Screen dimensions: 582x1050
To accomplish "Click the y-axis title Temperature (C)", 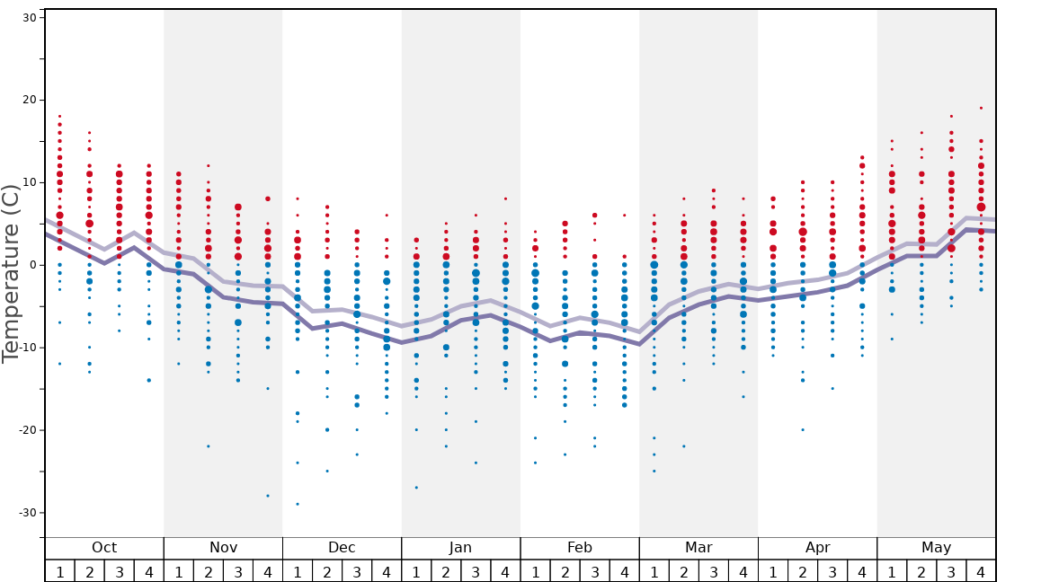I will tap(11, 274).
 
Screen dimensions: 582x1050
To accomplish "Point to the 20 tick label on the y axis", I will tap(29, 100).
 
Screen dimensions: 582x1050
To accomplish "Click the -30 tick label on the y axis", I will tap(27, 513).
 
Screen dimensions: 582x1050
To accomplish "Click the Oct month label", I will tap(104, 548).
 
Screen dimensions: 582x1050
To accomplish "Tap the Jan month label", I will tap(460, 548).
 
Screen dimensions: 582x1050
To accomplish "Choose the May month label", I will tap(936, 548).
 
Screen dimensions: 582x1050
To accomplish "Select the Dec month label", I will tap(342, 548).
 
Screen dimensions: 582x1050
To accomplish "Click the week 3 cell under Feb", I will tap(594, 571).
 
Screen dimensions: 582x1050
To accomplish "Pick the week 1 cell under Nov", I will tap(179, 571).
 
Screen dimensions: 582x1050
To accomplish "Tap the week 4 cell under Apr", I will tap(862, 571).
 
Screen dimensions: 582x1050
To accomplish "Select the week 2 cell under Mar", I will tap(684, 571).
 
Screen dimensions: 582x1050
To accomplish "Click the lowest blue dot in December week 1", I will tap(298, 504).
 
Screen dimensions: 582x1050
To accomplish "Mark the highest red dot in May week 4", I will tap(981, 108).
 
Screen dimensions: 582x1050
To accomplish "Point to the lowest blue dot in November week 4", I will tap(268, 496).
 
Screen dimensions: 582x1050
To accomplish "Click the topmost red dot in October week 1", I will tap(59, 116).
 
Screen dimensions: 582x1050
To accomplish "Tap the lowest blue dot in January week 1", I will tap(416, 488).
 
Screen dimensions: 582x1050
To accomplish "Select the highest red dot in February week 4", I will tap(624, 216).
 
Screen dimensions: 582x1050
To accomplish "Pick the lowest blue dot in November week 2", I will tap(209, 446).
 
